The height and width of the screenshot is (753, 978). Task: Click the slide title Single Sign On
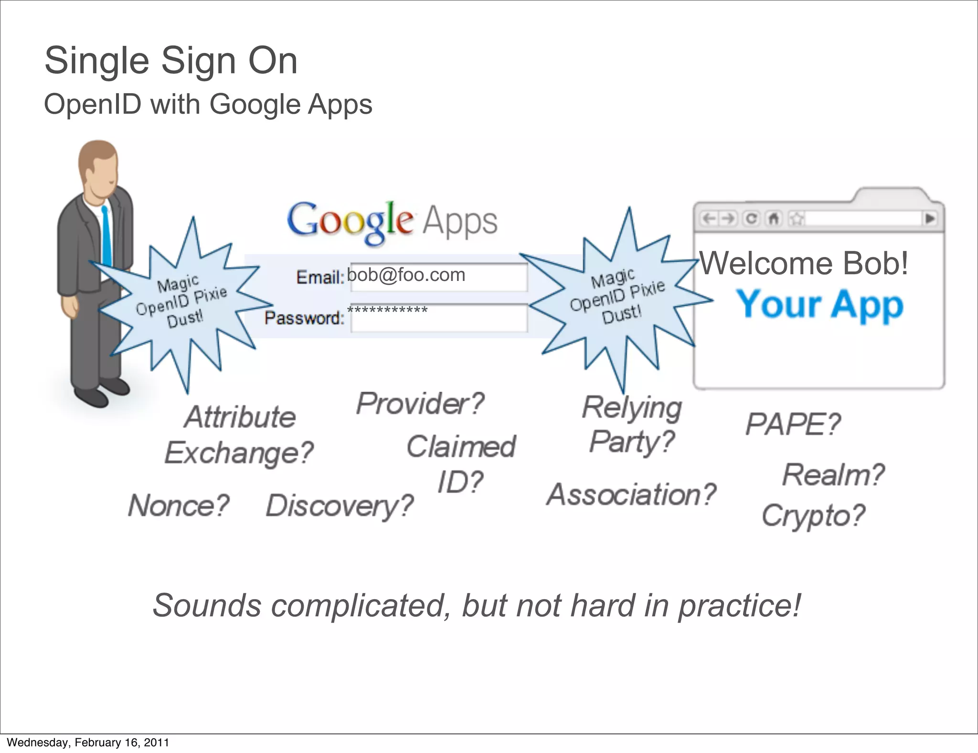click(171, 61)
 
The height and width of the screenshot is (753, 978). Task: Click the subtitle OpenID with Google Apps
click(208, 104)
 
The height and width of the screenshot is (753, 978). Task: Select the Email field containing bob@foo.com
click(438, 277)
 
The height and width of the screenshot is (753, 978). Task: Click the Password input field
click(438, 318)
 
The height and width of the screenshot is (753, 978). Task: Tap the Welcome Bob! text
click(804, 263)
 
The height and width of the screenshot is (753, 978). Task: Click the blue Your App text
click(819, 304)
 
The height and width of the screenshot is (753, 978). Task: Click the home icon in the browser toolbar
click(773, 219)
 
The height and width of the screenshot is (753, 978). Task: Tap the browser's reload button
click(751, 219)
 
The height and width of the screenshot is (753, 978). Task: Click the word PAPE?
click(793, 424)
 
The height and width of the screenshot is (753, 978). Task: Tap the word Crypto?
click(813, 516)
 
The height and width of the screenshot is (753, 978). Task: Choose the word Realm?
click(833, 475)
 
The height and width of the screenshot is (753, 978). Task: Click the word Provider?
click(420, 404)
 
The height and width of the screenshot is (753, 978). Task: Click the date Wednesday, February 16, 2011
click(88, 742)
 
